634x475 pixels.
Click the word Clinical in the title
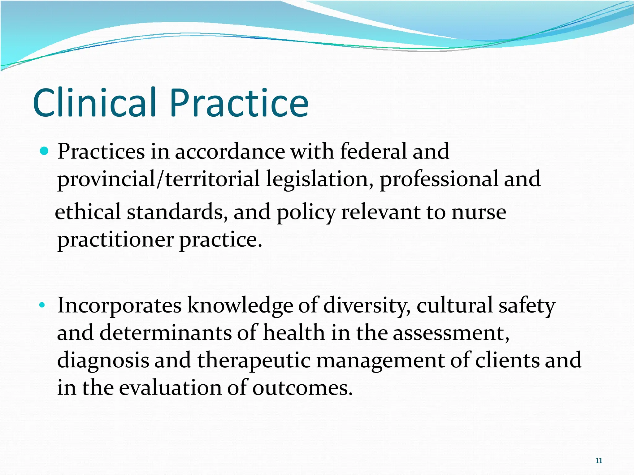tap(94, 103)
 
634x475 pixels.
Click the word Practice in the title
tap(239, 103)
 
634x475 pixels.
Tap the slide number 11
tap(599, 460)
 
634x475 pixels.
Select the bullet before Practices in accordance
tap(45, 151)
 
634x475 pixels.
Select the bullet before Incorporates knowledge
tap(42, 306)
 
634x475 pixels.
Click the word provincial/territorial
tap(158, 179)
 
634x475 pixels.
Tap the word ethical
tap(88, 212)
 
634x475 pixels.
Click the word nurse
tap(479, 212)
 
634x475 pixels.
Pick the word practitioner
tap(115, 240)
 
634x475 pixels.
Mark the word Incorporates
tap(119, 306)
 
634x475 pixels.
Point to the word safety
tap(527, 306)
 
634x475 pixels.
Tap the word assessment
tap(451, 333)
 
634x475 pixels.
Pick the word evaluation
tap(170, 387)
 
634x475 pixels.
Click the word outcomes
tap(302, 388)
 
